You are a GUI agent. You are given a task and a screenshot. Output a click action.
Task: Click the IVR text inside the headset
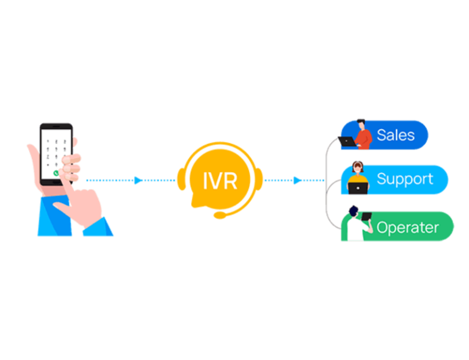pyautogui.click(x=220, y=181)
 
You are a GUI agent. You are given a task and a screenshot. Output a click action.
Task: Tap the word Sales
pyautogui.click(x=396, y=135)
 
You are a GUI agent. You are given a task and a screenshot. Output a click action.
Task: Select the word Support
pyautogui.click(x=405, y=179)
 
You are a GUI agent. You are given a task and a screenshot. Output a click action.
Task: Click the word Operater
pyautogui.click(x=407, y=228)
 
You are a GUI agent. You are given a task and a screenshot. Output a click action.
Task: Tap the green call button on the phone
pyautogui.click(x=57, y=173)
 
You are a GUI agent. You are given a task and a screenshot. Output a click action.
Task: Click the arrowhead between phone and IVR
pyautogui.click(x=138, y=180)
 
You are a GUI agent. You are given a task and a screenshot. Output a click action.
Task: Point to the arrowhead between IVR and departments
pyautogui.click(x=297, y=180)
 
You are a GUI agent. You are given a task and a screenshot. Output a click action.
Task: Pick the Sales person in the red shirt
pyautogui.click(x=363, y=135)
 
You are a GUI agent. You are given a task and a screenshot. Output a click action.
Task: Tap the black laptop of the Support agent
pyautogui.click(x=357, y=189)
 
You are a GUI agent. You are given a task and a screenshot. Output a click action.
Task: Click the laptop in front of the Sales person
pyautogui.click(x=347, y=142)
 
